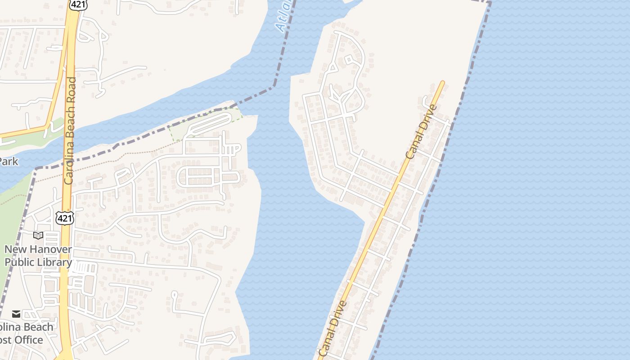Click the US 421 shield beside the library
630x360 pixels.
point(64,217)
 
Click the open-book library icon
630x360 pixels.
point(38,235)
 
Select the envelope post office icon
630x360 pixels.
point(16,314)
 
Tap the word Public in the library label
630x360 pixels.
point(20,262)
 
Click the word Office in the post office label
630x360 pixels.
point(27,340)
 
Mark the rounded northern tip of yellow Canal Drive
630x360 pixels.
point(442,83)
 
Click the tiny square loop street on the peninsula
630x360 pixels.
point(349,59)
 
